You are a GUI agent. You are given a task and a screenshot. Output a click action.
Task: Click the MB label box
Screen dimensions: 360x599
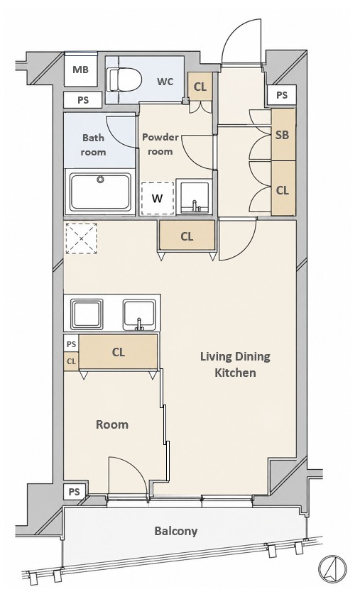(81, 70)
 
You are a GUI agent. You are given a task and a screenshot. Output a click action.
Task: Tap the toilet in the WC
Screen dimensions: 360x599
(124, 79)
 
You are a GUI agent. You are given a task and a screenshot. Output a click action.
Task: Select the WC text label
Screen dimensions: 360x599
(165, 82)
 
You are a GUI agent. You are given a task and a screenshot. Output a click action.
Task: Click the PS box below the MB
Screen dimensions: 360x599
(83, 100)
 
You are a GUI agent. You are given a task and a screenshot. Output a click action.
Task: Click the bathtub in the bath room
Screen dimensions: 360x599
(100, 192)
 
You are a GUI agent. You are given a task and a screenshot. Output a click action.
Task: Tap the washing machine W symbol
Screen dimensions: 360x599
(158, 198)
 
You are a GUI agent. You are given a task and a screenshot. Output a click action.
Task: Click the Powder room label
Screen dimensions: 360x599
(160, 144)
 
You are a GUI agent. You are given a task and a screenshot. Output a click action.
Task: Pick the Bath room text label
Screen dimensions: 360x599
(93, 145)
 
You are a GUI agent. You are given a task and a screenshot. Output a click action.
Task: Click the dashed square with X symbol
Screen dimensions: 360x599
(82, 238)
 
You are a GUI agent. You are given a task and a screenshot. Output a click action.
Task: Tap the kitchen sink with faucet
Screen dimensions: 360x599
(140, 315)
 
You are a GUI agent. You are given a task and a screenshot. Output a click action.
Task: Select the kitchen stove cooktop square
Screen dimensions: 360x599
(87, 314)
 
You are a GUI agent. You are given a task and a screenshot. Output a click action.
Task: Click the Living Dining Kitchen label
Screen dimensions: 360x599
(236, 365)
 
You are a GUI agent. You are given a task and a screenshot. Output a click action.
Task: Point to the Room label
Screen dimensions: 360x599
(112, 424)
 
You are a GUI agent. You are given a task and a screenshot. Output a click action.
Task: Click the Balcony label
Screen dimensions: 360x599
(176, 531)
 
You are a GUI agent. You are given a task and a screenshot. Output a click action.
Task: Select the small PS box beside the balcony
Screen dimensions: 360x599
(75, 492)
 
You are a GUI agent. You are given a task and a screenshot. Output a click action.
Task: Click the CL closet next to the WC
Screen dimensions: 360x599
(200, 87)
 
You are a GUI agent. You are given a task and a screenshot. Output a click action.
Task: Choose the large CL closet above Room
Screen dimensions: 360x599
(119, 352)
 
